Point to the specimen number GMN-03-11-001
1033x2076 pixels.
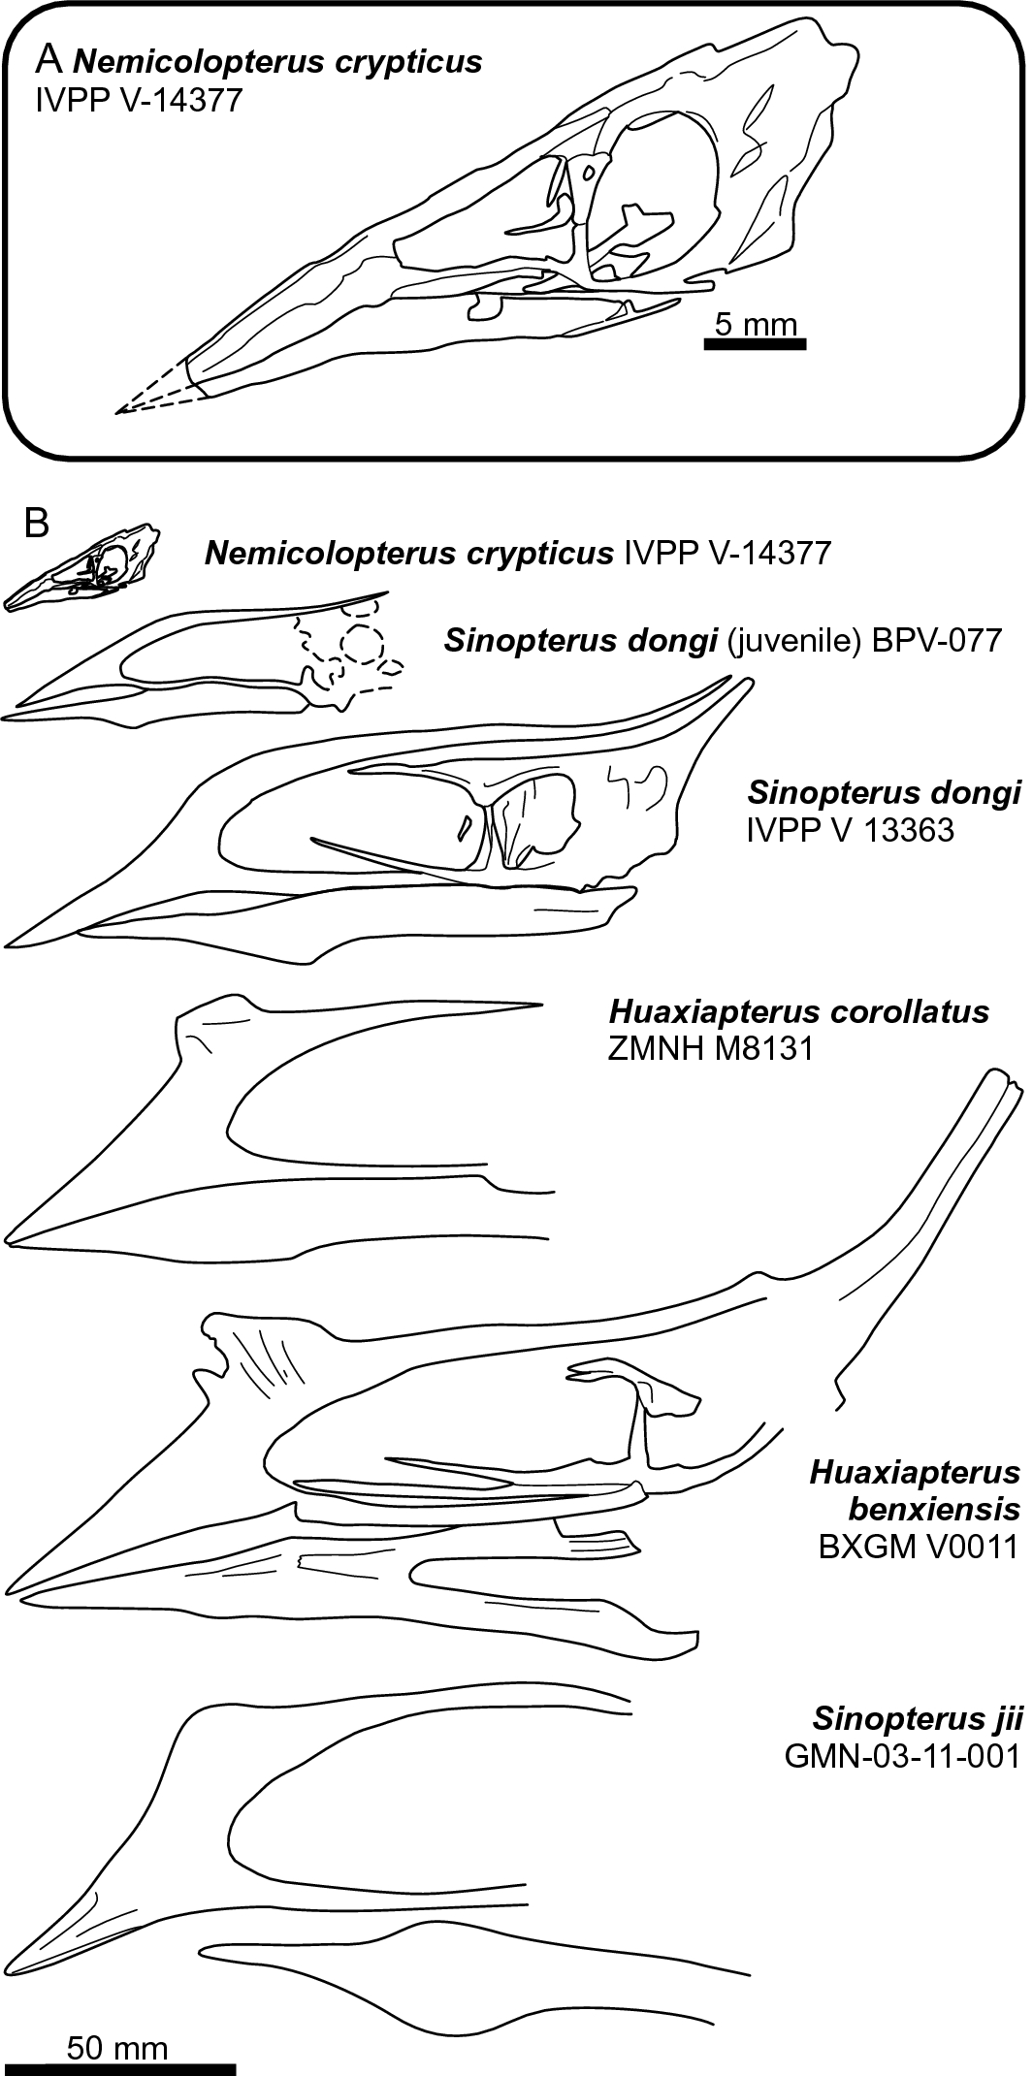click(903, 1756)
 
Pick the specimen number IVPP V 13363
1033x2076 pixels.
click(850, 829)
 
